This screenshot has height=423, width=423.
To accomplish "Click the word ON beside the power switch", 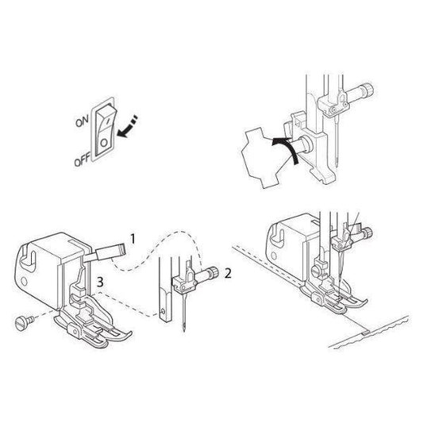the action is click(x=82, y=121).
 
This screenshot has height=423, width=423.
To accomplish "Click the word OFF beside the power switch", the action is click(x=83, y=160).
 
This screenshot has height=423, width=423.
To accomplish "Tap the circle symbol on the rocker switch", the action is click(x=104, y=142).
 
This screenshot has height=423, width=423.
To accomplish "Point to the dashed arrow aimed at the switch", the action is click(x=128, y=126).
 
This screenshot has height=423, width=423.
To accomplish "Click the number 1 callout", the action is click(x=133, y=239).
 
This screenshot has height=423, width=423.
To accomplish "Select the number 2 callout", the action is click(x=228, y=274).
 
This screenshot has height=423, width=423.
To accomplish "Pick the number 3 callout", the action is click(x=100, y=283).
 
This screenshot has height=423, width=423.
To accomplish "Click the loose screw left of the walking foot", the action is click(x=24, y=322).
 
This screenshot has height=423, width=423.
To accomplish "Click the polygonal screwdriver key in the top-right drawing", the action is click(x=263, y=156).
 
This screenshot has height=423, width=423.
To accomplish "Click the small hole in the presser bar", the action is click(x=163, y=312).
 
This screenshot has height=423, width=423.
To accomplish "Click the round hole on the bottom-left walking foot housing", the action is click(x=24, y=282).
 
